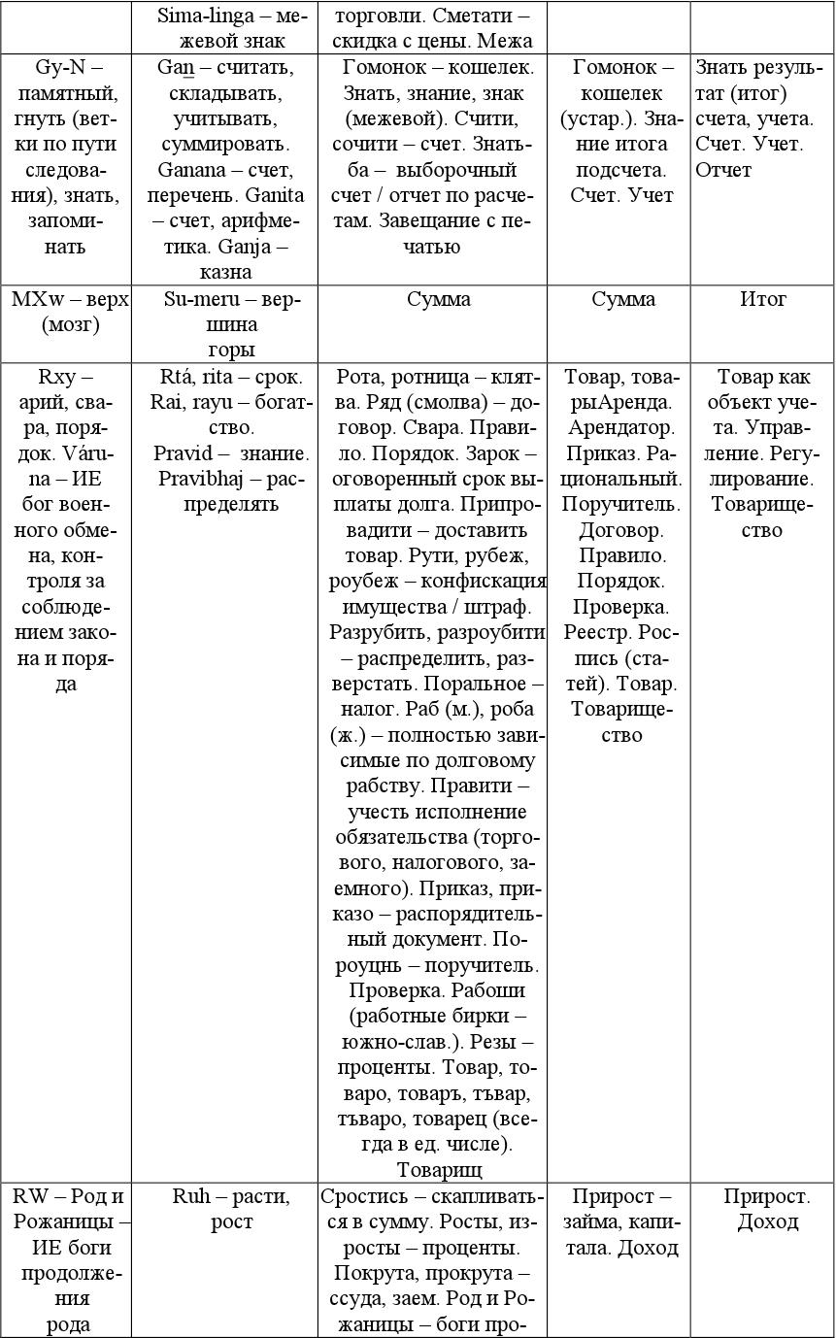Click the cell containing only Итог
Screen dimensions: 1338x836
(x=762, y=299)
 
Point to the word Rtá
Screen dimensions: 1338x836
(x=177, y=377)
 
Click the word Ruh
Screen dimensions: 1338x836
(x=191, y=1196)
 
